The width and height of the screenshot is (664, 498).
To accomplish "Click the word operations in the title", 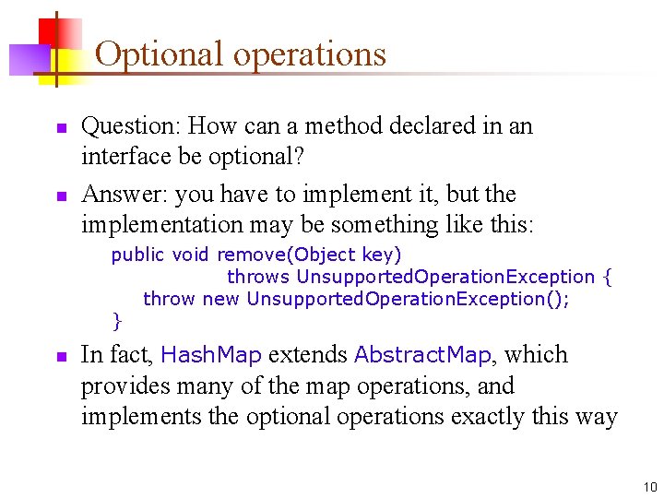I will point(309,53).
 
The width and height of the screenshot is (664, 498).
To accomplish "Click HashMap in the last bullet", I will point(211,355).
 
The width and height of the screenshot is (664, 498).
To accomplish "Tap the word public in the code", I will point(136,255).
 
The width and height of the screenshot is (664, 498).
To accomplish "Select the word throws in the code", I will point(258,277).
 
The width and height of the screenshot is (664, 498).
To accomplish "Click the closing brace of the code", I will point(116,321).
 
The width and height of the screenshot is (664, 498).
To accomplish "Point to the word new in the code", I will point(220,299).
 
